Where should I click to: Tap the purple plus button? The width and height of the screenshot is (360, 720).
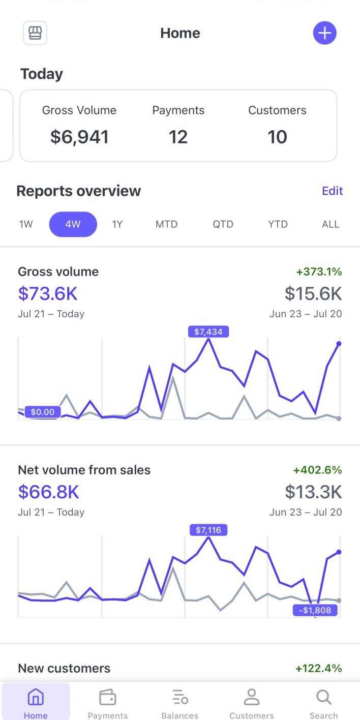[324, 33]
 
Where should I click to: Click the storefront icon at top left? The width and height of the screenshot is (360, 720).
[35, 33]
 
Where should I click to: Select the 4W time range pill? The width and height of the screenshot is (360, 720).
[73, 224]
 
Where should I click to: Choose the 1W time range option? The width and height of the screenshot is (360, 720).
[26, 224]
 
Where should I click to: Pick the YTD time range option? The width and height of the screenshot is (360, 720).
[278, 224]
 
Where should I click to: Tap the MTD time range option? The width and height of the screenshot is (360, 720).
[166, 224]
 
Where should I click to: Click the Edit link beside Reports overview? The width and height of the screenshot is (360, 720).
[332, 191]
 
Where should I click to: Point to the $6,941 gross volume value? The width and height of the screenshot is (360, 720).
[79, 137]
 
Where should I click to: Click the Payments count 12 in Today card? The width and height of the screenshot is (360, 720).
[178, 137]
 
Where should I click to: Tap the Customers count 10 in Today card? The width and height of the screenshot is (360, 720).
[277, 137]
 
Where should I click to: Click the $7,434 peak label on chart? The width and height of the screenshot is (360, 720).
[208, 332]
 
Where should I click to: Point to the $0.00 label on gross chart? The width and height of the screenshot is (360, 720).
[43, 412]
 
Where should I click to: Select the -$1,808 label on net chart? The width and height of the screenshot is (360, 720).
[315, 610]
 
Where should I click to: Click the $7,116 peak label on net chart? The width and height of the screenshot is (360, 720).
[208, 530]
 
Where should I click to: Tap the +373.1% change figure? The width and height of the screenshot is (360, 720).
[319, 272]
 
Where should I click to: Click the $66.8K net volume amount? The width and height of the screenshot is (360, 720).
[49, 492]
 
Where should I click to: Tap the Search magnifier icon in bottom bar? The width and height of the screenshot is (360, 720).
[323, 698]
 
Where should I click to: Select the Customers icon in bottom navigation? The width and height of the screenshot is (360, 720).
[251, 698]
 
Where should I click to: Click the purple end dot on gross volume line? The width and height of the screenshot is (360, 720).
[339, 344]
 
